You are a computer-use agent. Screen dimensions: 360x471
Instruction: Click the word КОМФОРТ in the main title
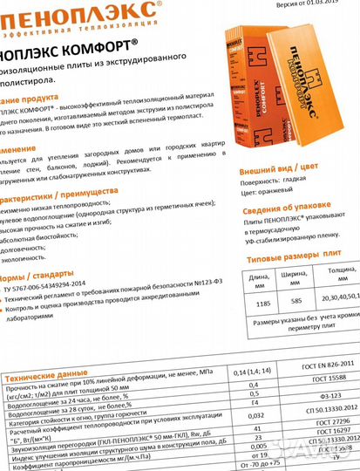(101, 43)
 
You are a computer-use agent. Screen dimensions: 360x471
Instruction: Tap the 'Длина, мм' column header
(258, 281)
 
